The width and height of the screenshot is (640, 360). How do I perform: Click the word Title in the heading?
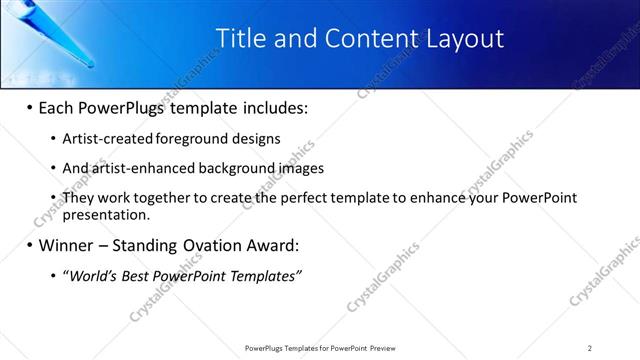click(x=241, y=39)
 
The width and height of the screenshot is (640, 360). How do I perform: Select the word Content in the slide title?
click(x=363, y=39)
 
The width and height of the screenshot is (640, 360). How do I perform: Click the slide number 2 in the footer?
click(x=590, y=348)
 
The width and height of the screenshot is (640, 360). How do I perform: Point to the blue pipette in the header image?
click(x=60, y=35)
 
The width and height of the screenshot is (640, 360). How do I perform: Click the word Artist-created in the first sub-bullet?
click(x=103, y=139)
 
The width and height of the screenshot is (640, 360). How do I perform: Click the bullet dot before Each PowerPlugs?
click(x=29, y=107)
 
